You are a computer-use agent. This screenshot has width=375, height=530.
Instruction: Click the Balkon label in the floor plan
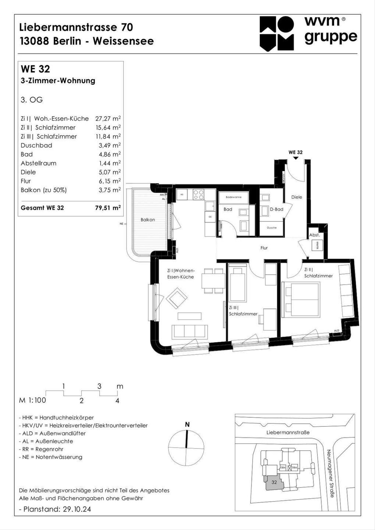[x=147, y=220]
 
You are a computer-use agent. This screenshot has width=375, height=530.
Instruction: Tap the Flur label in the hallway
[x=264, y=248]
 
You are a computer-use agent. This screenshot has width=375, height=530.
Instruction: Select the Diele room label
[x=297, y=197]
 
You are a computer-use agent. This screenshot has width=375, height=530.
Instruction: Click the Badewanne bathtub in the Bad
[x=234, y=197]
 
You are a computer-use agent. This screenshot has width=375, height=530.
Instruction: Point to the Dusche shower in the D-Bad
[x=272, y=228]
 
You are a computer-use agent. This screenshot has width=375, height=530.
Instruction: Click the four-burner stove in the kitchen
[x=199, y=195]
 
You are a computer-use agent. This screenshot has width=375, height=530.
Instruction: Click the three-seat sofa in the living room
[x=190, y=332]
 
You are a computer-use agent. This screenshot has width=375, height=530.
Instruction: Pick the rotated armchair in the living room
[x=176, y=297]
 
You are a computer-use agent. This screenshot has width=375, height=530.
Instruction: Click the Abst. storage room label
[x=314, y=235]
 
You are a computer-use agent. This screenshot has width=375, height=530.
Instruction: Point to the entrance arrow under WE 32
[x=296, y=158]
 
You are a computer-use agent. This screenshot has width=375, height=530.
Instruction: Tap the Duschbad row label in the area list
[x=36, y=146]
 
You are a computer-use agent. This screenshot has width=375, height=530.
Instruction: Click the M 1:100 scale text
[x=32, y=400]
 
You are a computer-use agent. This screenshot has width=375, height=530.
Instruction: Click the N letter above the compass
[x=187, y=425]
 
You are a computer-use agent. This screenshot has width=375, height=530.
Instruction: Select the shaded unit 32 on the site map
[x=274, y=482]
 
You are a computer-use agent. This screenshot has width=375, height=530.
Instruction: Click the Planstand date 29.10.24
[x=77, y=509]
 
